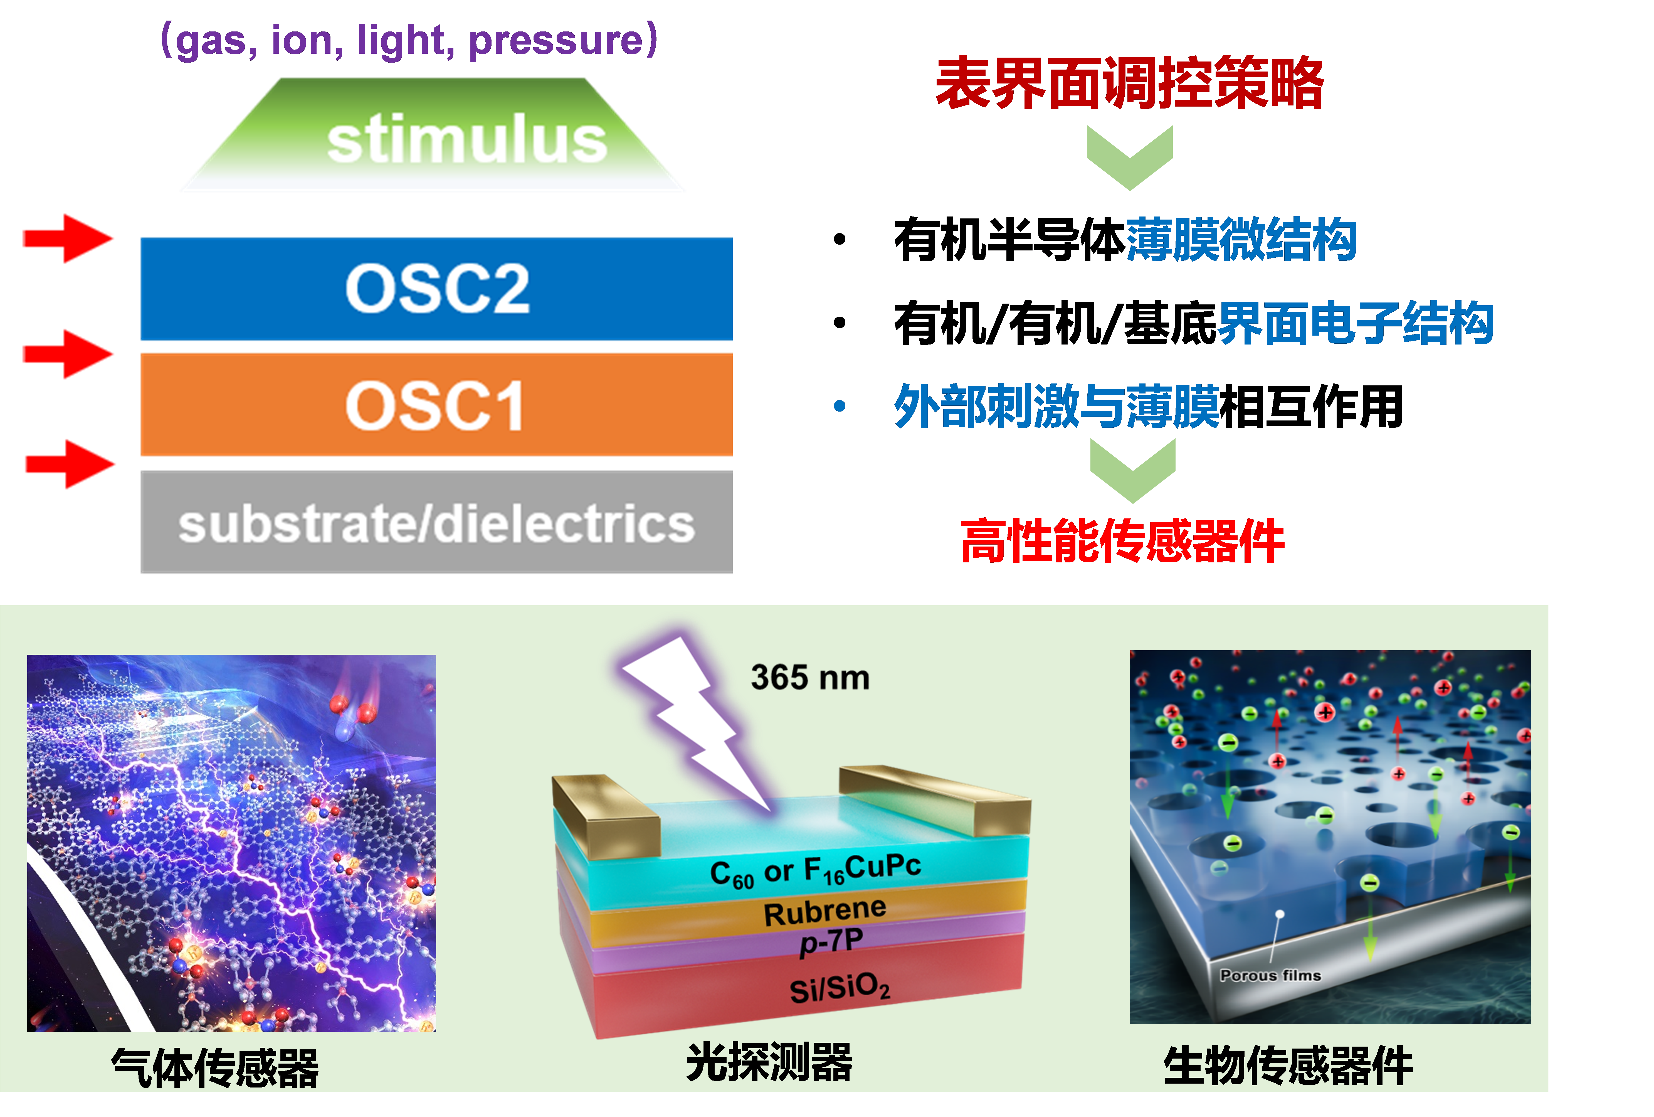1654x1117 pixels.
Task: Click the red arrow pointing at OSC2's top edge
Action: click(x=69, y=238)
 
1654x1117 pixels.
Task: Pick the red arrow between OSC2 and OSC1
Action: click(x=69, y=354)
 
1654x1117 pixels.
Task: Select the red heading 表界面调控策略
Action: click(x=1129, y=84)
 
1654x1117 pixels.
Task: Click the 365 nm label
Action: click(x=810, y=677)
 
